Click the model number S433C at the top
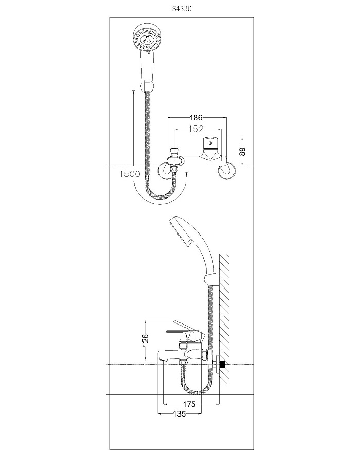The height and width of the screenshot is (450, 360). click(x=182, y=9)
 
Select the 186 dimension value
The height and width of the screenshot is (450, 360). click(x=196, y=117)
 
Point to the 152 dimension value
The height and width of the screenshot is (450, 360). click(x=196, y=129)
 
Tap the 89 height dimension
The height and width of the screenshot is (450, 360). click(x=243, y=151)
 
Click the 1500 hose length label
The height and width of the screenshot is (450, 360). click(x=130, y=174)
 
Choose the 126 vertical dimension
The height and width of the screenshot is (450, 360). click(x=146, y=340)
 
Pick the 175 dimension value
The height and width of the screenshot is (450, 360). click(x=189, y=404)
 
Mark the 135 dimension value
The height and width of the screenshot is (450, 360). click(x=179, y=414)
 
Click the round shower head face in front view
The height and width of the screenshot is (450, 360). click(x=148, y=38)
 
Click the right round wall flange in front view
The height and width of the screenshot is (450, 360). click(x=227, y=171)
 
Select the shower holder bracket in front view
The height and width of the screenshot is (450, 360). click(x=147, y=86)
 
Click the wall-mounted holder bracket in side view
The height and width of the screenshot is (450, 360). click(x=211, y=279)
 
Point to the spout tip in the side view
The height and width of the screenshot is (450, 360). click(x=161, y=359)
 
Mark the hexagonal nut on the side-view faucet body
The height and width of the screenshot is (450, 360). click(x=203, y=354)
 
